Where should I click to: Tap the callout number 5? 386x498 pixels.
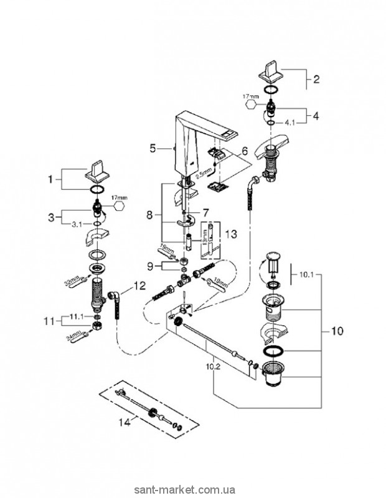pos(153,149)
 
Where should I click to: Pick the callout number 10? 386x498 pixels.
pos(336,332)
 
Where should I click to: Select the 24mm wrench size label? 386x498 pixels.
pos(72,336)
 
